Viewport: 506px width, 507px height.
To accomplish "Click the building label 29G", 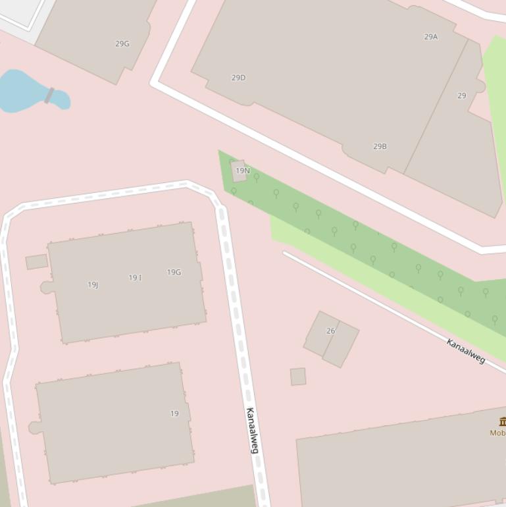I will coord(122,44).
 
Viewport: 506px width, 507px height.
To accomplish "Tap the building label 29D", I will coord(238,78).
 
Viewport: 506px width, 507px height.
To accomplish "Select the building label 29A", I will coord(431,37).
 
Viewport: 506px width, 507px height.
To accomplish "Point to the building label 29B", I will coord(380,146).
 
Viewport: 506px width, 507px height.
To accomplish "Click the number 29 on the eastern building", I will coord(462,95).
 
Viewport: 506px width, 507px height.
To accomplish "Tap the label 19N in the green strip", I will coord(243,171).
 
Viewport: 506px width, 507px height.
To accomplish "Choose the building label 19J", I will coord(93,285).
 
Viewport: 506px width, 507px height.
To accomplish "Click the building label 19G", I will coord(174,272).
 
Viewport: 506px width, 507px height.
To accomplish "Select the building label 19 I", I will coord(135,278).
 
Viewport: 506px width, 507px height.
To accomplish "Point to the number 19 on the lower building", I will coord(174,414).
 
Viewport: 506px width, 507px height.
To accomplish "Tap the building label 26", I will coord(330,331).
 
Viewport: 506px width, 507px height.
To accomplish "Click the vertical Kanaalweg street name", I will coord(252,430).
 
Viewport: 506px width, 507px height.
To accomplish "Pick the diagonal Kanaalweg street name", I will coord(466,351).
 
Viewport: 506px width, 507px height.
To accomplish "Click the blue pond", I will coord(23,92).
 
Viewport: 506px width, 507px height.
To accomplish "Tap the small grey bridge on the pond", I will coord(49,95).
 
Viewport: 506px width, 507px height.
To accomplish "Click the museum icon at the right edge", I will coord(502,421).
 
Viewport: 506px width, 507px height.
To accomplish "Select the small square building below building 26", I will coord(298,377).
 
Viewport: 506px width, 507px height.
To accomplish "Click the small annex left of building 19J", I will coord(37,262).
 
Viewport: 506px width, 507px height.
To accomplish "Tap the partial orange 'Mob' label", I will coord(497,433).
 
